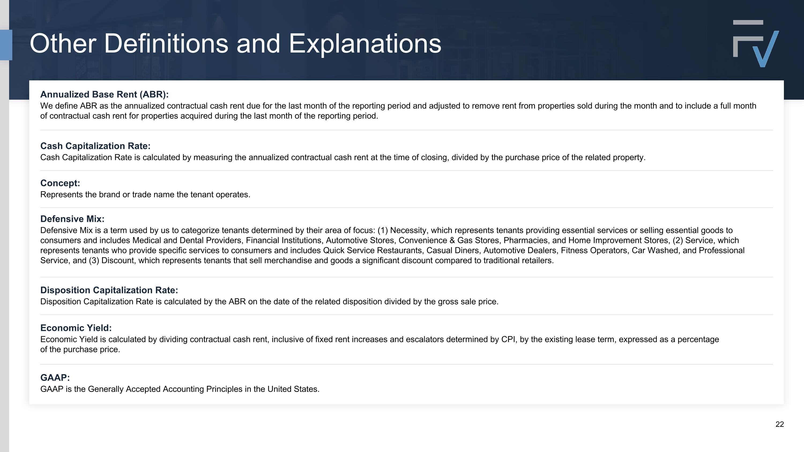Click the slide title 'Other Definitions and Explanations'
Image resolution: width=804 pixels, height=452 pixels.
235,44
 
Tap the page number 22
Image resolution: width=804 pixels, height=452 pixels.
779,424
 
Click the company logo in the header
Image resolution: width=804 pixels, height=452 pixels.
755,44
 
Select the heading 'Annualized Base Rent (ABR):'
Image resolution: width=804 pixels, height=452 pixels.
104,95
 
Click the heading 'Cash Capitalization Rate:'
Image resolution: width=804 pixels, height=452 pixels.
95,146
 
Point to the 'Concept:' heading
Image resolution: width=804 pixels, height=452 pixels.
60,183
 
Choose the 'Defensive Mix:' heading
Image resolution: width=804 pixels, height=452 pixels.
72,219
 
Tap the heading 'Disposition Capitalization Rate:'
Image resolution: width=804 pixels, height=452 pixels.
109,290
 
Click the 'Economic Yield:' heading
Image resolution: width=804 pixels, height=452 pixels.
76,328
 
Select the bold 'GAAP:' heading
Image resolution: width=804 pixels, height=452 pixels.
55,378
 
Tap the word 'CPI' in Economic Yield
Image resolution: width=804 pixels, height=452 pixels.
508,339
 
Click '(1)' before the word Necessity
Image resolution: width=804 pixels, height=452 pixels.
382,230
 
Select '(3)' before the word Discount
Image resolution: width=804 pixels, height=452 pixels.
94,260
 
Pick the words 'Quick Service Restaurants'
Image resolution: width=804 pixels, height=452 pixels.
373,251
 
